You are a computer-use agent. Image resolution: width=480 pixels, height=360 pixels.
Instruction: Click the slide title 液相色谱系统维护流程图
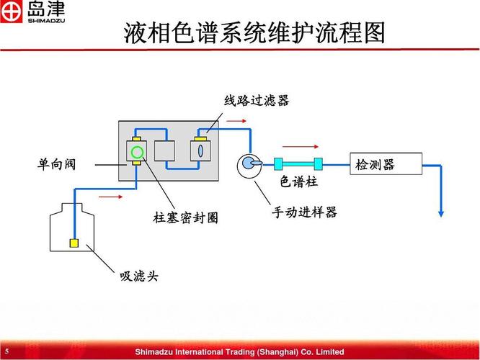click(x=254, y=33)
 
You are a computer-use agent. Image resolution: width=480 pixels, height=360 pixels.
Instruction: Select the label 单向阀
click(x=56, y=165)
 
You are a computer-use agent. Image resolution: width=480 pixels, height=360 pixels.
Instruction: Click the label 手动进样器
click(x=304, y=212)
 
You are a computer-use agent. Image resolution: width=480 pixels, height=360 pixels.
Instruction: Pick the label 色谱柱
click(x=298, y=181)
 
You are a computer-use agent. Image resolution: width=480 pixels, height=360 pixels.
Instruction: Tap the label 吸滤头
click(x=138, y=276)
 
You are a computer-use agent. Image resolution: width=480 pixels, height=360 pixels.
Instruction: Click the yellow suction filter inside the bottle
click(x=74, y=243)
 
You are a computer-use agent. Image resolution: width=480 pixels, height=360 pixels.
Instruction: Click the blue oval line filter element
click(x=201, y=150)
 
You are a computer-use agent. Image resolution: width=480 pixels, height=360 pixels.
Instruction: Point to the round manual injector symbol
click(x=249, y=163)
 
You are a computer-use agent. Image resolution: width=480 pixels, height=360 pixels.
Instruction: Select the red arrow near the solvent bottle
click(x=109, y=196)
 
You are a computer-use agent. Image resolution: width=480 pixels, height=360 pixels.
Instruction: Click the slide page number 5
click(x=6, y=351)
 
